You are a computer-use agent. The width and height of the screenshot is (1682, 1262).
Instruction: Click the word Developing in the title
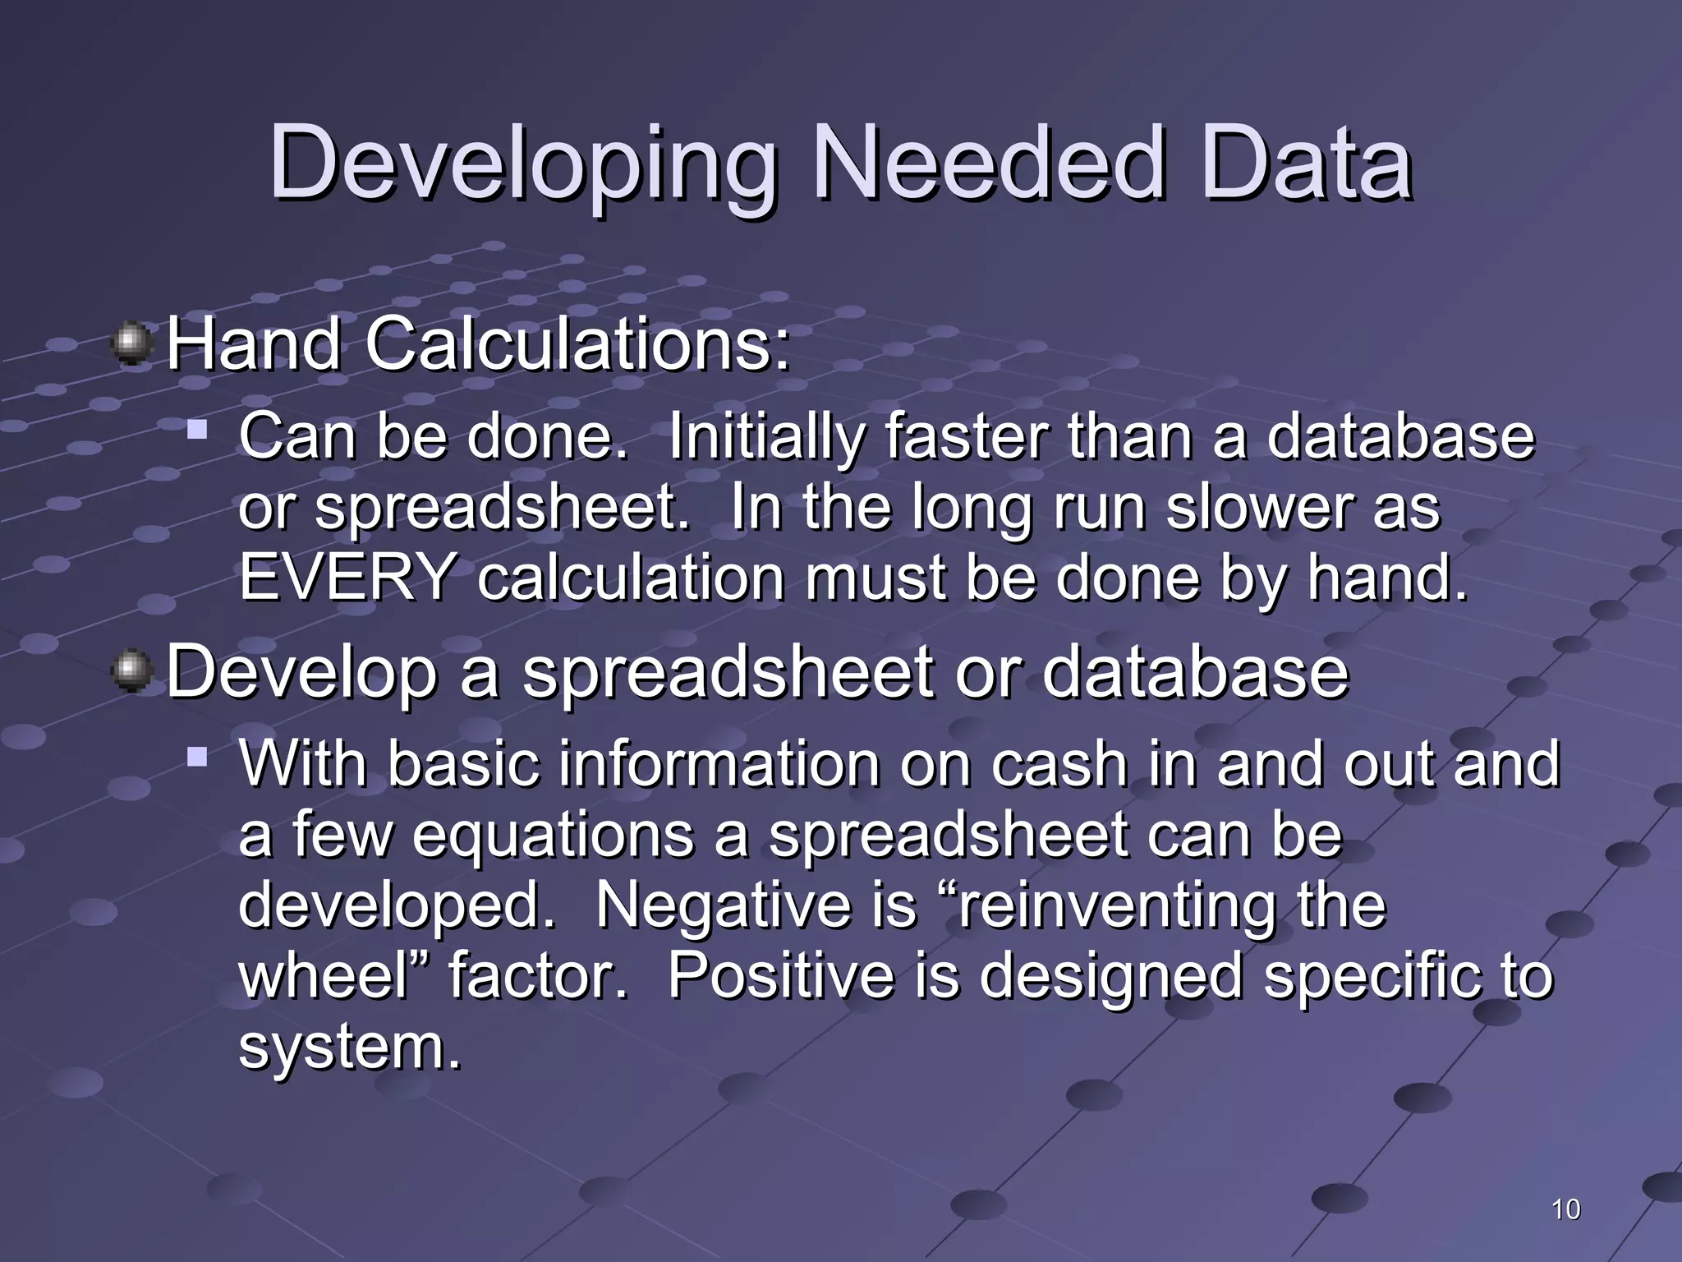[x=522, y=164]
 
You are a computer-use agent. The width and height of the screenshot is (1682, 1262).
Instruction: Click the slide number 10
[x=1565, y=1209]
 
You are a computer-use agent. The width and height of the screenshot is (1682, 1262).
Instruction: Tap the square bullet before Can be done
[x=196, y=428]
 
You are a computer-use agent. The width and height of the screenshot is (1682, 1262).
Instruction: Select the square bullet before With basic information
[x=196, y=755]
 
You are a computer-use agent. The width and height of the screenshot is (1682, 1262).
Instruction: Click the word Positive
[x=780, y=975]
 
